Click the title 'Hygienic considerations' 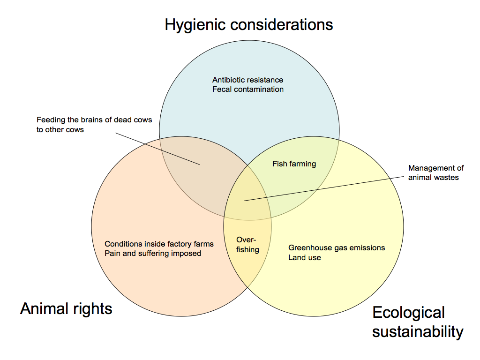point(248,24)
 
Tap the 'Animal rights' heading point(66,308)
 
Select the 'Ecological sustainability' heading point(417,322)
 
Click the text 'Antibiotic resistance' point(247,80)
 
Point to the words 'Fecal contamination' point(247,89)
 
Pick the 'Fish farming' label point(294,164)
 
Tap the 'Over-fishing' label point(247,244)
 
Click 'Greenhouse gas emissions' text point(336,247)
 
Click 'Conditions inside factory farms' point(159,244)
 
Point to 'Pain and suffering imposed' point(153,253)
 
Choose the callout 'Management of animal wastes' point(435,172)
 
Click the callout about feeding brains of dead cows point(94,124)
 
